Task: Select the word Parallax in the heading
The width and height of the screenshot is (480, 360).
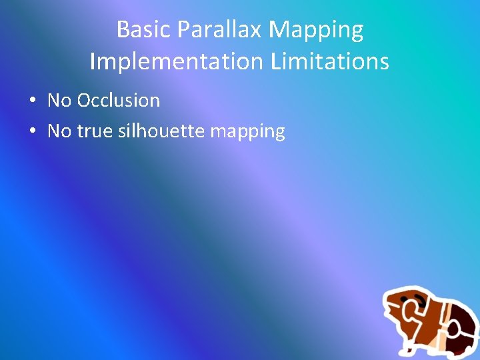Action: [217, 30]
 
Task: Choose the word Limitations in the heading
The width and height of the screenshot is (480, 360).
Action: [330, 62]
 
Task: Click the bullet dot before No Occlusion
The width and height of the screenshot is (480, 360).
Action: [32, 101]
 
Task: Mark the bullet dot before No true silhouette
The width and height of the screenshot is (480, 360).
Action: [32, 132]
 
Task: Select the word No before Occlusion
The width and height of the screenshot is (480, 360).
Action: [59, 101]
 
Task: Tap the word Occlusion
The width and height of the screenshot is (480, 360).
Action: [119, 101]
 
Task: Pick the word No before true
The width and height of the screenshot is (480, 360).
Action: [59, 131]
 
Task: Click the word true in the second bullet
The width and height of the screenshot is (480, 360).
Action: [95, 131]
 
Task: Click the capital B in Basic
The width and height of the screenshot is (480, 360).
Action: [123, 30]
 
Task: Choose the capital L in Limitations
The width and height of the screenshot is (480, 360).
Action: [276, 62]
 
